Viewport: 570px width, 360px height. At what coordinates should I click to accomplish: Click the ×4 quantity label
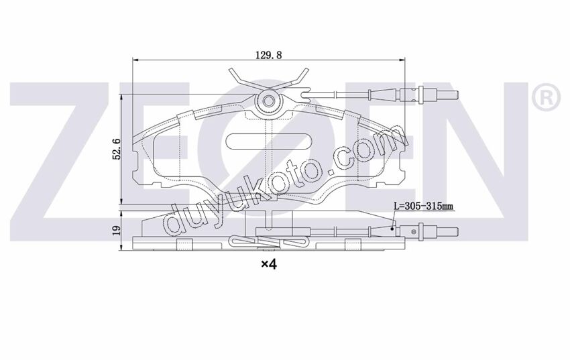pyautogui.click(x=268, y=265)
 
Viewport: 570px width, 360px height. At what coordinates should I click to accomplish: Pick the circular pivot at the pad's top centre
pyautogui.click(x=269, y=102)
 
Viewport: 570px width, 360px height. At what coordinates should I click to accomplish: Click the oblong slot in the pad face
pyautogui.click(x=269, y=142)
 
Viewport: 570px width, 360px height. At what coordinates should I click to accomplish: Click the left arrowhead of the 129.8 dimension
pyautogui.click(x=137, y=60)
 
